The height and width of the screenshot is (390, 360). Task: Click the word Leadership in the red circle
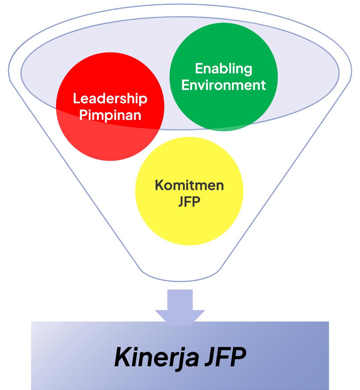coord(110,99)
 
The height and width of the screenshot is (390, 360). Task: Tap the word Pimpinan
coord(110,115)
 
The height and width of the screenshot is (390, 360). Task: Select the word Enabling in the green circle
coord(223,69)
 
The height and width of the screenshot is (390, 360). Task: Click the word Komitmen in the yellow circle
coord(189,185)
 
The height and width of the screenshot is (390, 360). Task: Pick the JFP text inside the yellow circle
coord(189,202)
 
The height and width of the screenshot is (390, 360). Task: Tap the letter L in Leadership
coord(76,99)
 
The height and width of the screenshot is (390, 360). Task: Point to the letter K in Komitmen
coord(159,185)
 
